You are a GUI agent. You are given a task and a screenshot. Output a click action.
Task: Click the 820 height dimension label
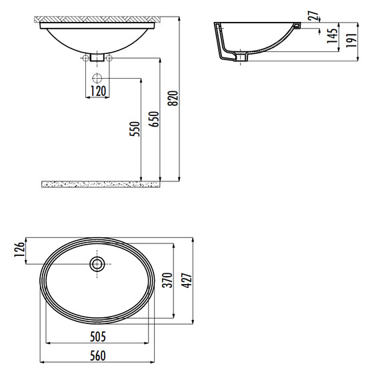[173, 98]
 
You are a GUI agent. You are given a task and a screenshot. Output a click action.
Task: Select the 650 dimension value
[153, 119]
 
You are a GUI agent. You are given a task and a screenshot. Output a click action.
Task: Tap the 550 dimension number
[135, 129]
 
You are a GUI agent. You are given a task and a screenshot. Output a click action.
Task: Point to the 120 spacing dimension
[98, 91]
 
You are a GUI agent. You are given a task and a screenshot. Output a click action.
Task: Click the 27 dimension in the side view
[313, 15]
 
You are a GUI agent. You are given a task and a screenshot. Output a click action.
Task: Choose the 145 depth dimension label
[332, 36]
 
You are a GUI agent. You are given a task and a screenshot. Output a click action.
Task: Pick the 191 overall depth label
[351, 40]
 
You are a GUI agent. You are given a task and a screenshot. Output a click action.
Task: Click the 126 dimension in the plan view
[19, 249]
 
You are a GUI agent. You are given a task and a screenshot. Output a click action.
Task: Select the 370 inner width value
[167, 281]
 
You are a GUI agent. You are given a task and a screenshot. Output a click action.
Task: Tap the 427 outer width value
[187, 281]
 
